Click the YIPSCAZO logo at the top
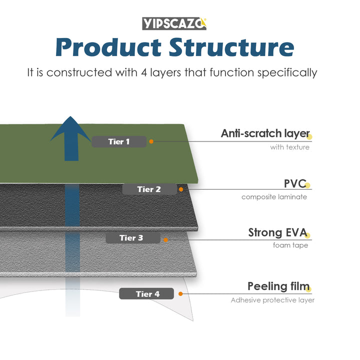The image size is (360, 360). pyautogui.click(x=174, y=23)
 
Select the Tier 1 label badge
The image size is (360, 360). pyautogui.click(x=119, y=141)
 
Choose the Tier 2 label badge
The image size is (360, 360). pyautogui.click(x=149, y=189)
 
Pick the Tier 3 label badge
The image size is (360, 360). pyautogui.click(x=131, y=238)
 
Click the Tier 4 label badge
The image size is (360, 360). pyautogui.click(x=147, y=294)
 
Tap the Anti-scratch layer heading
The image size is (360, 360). pyautogui.click(x=265, y=133)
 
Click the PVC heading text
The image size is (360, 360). pyautogui.click(x=294, y=183)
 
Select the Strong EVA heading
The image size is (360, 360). pyautogui.click(x=277, y=232)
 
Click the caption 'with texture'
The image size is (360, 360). pyautogui.click(x=289, y=147)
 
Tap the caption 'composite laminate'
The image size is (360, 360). pyautogui.click(x=274, y=196)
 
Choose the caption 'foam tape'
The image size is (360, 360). pyautogui.click(x=290, y=245)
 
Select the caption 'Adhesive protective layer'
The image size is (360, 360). pyautogui.click(x=272, y=300)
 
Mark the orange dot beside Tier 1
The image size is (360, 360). pyautogui.click(x=151, y=141)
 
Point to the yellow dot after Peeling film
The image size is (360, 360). pyautogui.click(x=308, y=288)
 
